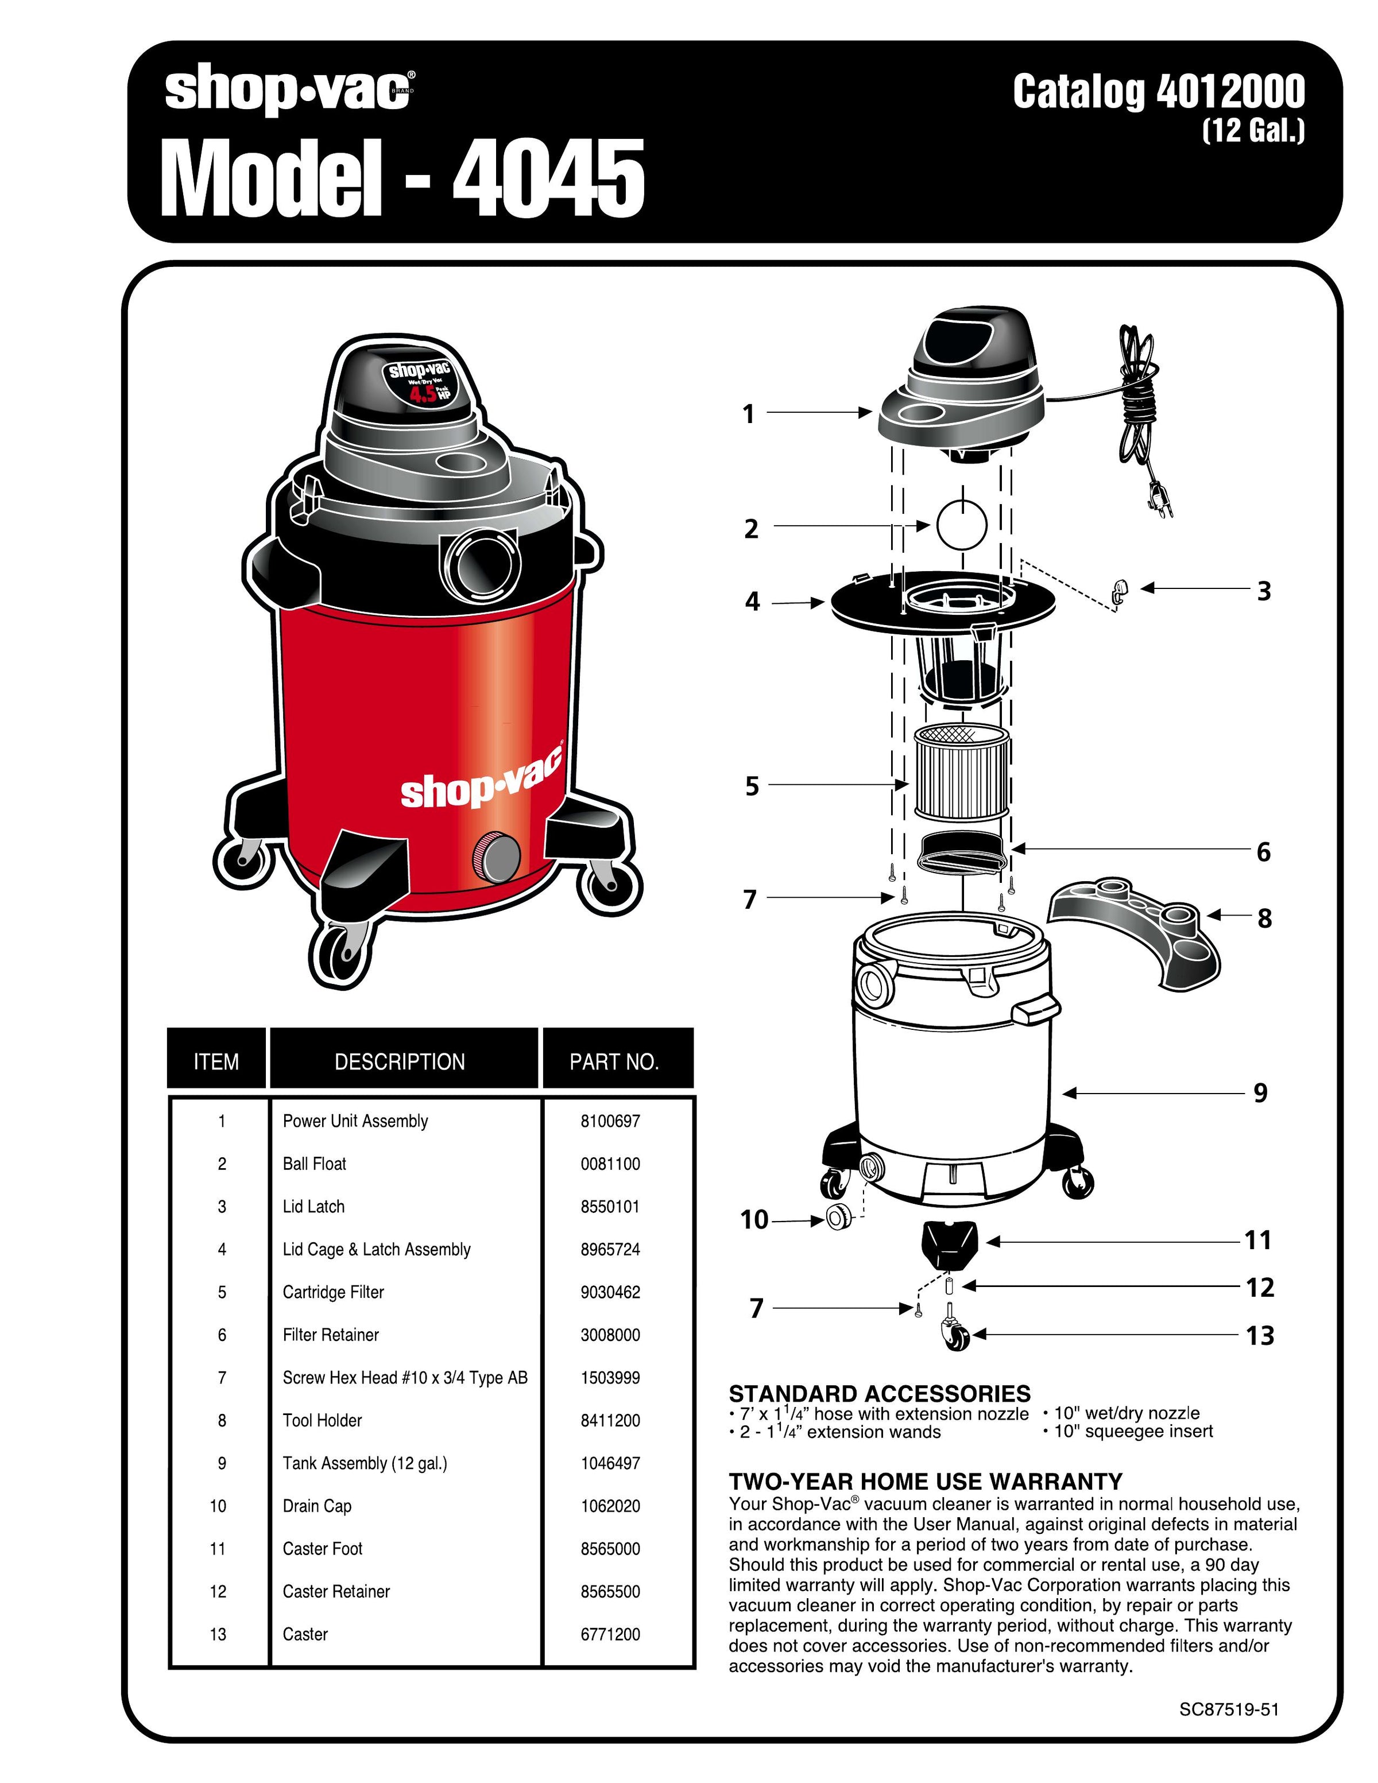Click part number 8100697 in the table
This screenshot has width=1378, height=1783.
click(610, 1121)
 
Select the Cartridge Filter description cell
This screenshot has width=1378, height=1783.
click(333, 1292)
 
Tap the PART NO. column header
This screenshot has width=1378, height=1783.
click(614, 1061)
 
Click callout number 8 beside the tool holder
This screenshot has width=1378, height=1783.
click(1264, 918)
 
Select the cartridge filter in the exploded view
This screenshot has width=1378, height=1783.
click(962, 772)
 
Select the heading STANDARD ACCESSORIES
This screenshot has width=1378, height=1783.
click(879, 1394)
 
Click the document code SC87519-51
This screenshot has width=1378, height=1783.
click(1229, 1710)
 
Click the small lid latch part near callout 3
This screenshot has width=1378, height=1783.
click(1119, 588)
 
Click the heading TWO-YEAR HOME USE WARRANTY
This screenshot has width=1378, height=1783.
click(925, 1482)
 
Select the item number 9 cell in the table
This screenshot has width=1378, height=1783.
click(221, 1464)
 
